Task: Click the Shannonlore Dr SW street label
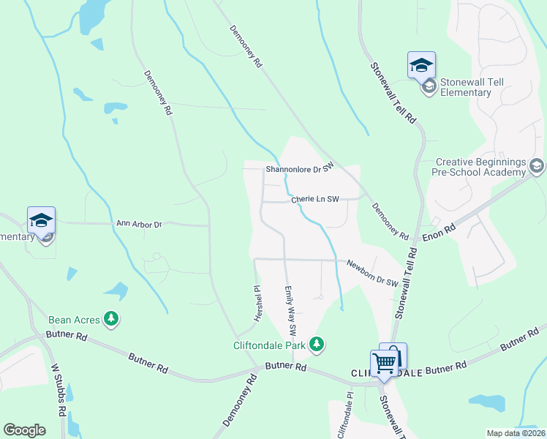(299, 168)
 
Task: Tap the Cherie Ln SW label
(315, 199)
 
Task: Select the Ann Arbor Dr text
(139, 224)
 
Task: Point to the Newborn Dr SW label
(372, 273)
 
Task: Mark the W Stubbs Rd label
(56, 393)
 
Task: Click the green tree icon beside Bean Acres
(110, 319)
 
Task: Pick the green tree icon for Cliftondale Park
(316, 343)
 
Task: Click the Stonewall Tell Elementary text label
(467, 87)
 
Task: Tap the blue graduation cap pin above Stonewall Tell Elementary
(421, 66)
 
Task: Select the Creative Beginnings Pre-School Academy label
(481, 167)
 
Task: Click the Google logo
(25, 430)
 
